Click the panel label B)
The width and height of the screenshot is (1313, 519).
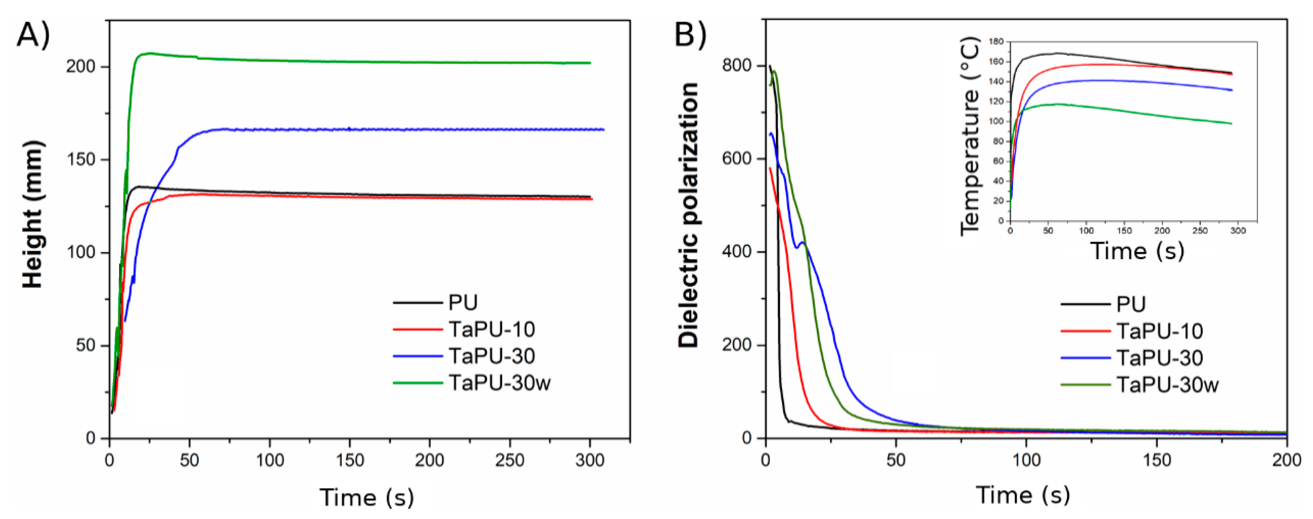[x=690, y=35]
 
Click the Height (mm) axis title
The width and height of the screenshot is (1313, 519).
[x=33, y=214]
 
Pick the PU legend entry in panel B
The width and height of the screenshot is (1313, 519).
[x=1131, y=304]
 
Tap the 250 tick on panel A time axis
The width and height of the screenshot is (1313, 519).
[x=510, y=460]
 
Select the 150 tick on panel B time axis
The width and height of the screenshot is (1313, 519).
[x=1156, y=459]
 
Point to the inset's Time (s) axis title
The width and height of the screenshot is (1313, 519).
[x=1137, y=251]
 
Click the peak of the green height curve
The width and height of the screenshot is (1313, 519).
[x=148, y=53]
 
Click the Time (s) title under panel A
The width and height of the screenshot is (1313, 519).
[x=367, y=498]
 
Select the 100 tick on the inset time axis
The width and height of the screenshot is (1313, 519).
[x=1086, y=231]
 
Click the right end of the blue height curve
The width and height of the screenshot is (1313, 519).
[x=603, y=130]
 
